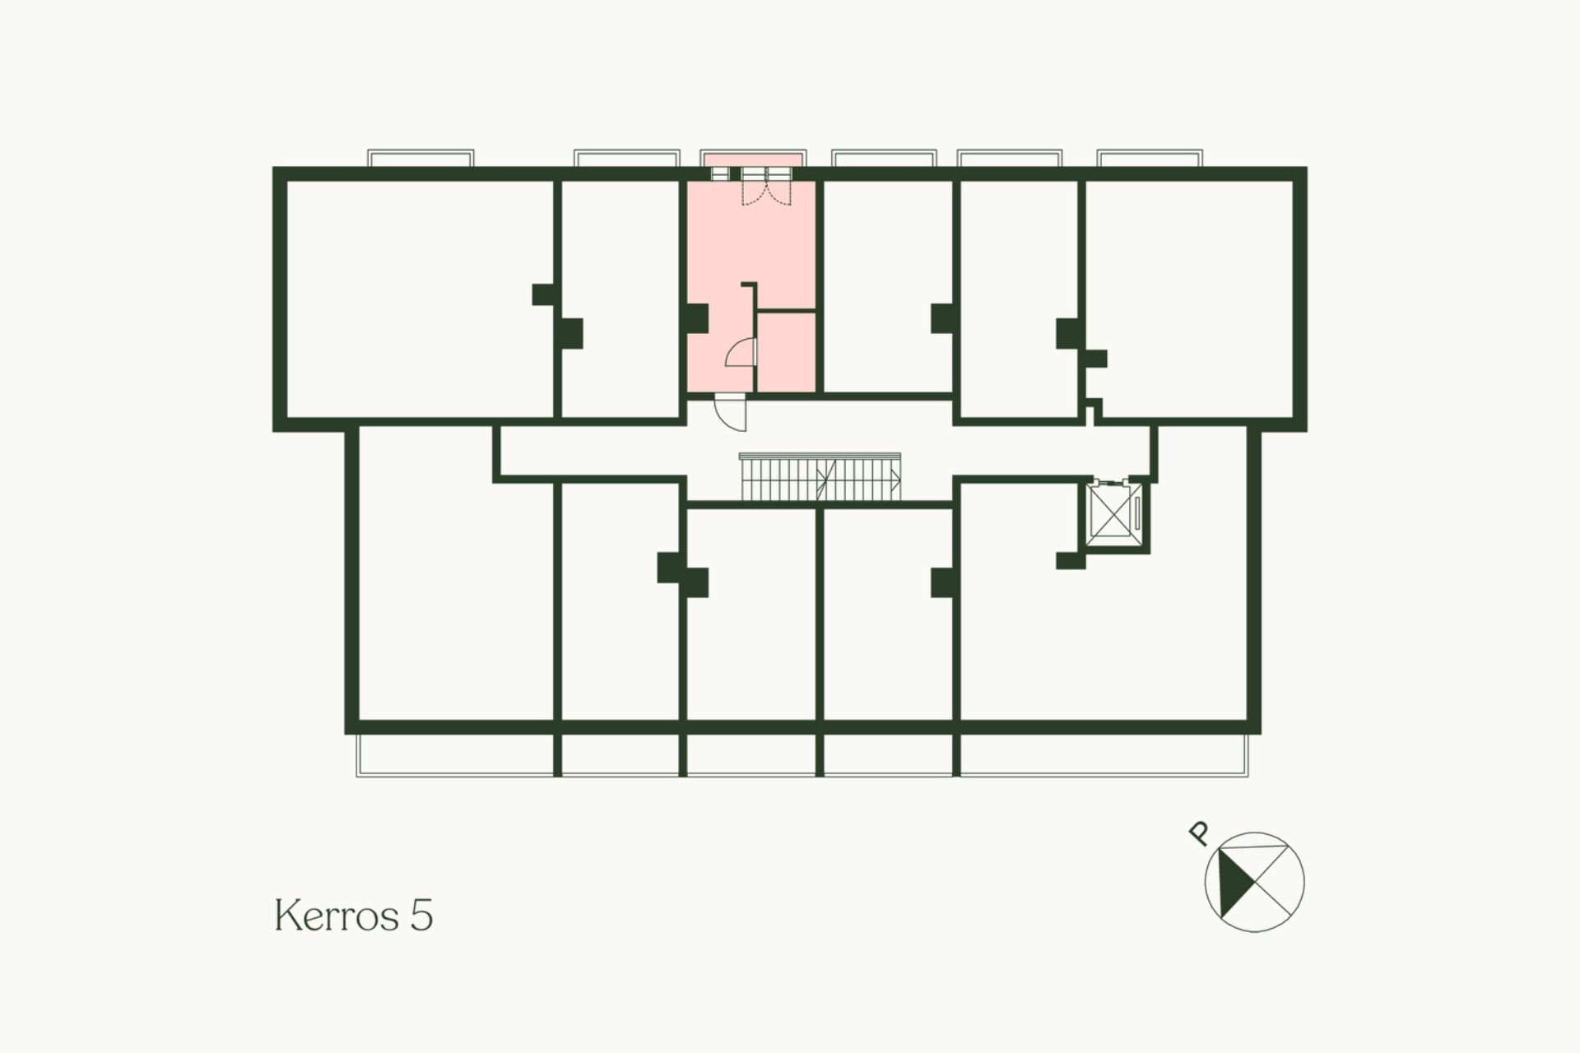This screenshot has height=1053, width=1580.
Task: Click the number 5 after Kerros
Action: pyautogui.click(x=421, y=916)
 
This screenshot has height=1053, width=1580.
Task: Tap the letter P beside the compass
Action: pyautogui.click(x=1199, y=833)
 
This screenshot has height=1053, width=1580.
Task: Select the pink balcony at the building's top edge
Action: pyautogui.click(x=753, y=159)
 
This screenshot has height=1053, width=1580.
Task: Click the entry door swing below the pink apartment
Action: pyautogui.click(x=731, y=412)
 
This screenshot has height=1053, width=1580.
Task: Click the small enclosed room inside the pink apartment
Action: pyautogui.click(x=787, y=352)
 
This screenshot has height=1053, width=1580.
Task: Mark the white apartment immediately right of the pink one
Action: pyautogui.click(x=888, y=286)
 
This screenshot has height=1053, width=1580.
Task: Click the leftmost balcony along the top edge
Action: pyautogui.click(x=421, y=159)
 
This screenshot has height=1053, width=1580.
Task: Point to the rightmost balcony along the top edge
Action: pyautogui.click(x=1150, y=159)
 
